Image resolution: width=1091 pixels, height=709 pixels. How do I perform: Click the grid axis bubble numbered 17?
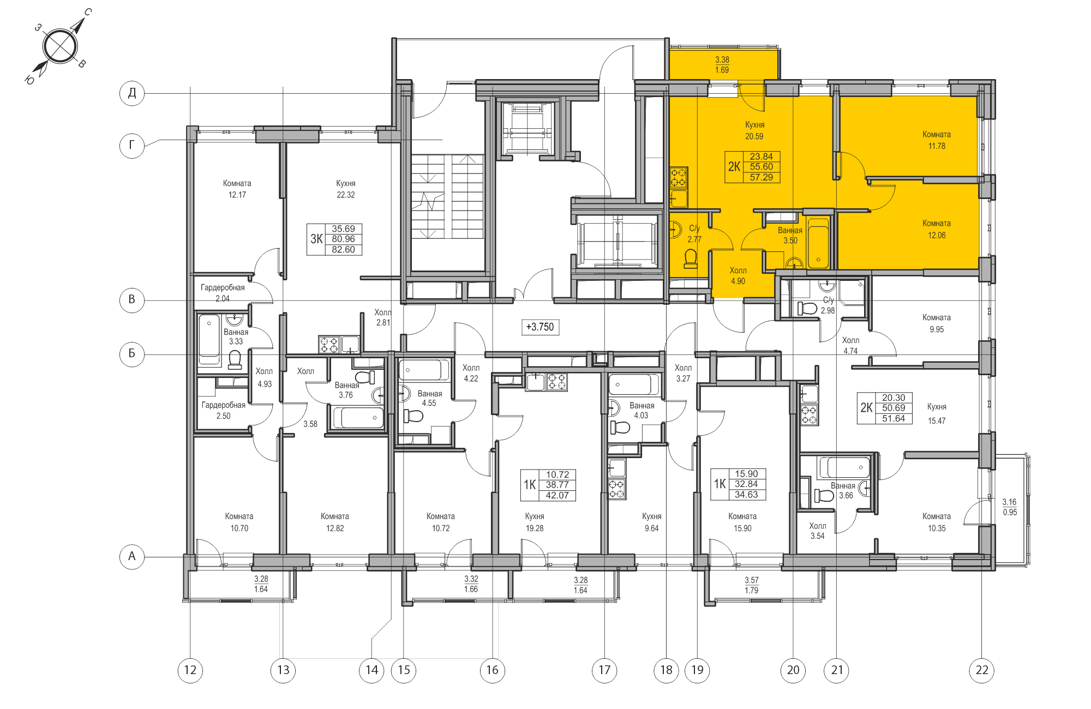point(604,670)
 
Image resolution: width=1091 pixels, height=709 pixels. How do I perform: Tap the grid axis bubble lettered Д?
point(132,93)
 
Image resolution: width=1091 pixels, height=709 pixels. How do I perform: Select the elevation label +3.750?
point(539,327)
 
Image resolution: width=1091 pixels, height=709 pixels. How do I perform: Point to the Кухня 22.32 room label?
point(345,189)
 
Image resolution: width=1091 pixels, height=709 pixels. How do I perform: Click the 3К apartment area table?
point(334,239)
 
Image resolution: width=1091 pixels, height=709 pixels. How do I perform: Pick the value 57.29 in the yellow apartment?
point(761,177)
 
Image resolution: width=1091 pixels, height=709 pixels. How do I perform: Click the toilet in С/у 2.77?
point(691,259)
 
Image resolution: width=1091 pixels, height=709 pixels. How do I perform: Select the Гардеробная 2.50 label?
point(224,410)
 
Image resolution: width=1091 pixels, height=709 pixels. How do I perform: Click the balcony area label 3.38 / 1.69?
point(722,64)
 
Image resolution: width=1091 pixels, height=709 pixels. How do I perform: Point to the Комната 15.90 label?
point(742,522)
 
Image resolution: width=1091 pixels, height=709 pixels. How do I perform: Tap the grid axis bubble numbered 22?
point(981,670)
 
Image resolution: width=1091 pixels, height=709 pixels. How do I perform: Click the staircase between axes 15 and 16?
point(447,196)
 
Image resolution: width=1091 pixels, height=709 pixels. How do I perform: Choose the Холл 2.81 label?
point(383,317)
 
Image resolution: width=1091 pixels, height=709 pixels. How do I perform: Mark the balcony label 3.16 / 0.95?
point(1009,507)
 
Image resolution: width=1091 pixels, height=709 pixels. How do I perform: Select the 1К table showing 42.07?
point(548,485)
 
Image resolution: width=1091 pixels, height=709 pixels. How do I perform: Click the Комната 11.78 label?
point(936,140)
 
